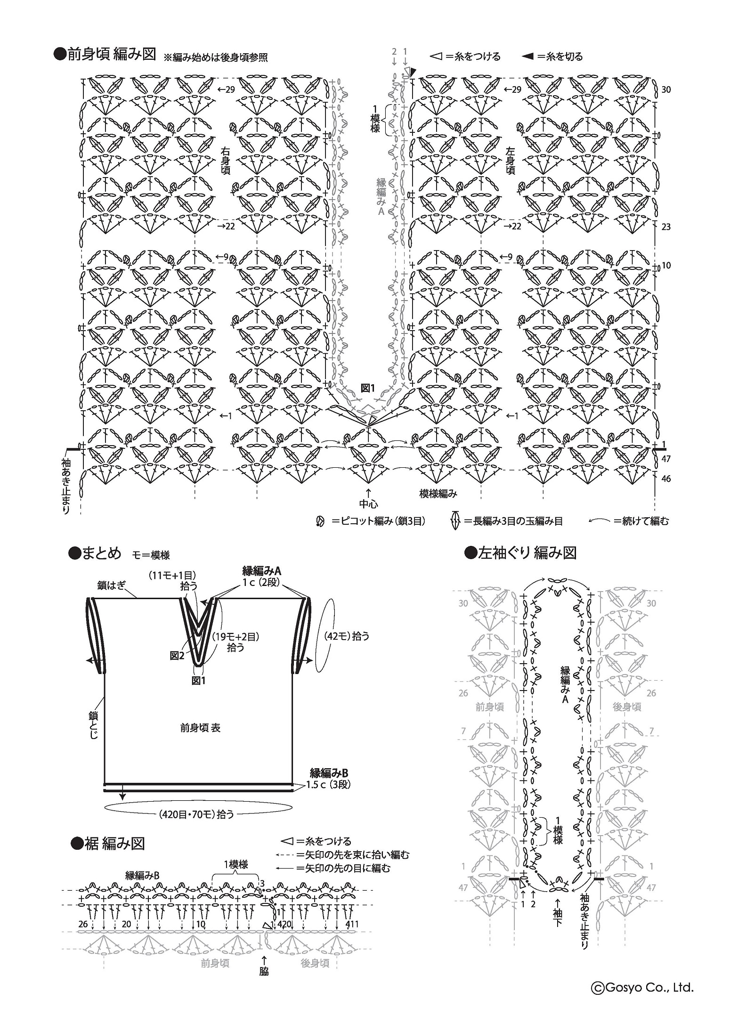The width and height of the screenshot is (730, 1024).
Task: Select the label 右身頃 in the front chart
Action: pyautogui.click(x=226, y=160)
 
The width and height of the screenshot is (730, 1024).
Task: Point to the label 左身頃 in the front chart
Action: pyautogui.click(x=510, y=160)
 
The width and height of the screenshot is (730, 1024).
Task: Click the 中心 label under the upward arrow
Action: pyautogui.click(x=368, y=504)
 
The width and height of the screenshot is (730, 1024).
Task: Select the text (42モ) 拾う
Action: pyautogui.click(x=347, y=636)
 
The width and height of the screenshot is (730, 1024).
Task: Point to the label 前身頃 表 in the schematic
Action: pyautogui.click(x=200, y=728)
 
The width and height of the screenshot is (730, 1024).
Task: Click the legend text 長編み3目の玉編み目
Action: pyautogui.click(x=513, y=521)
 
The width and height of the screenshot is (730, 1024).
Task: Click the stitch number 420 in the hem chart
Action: pyautogui.click(x=284, y=924)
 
